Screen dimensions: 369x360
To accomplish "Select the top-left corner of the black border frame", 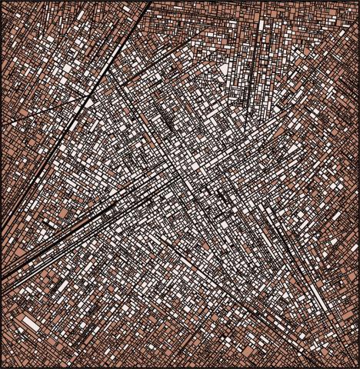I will [x=2, y=2].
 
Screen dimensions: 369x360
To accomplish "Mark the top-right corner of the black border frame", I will [x=358, y=2].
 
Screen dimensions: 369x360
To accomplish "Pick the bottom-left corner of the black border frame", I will [x=2, y=367].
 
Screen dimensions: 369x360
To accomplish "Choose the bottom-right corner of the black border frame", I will [x=358, y=367].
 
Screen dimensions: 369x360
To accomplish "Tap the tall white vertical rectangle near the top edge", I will [x=260, y=31].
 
